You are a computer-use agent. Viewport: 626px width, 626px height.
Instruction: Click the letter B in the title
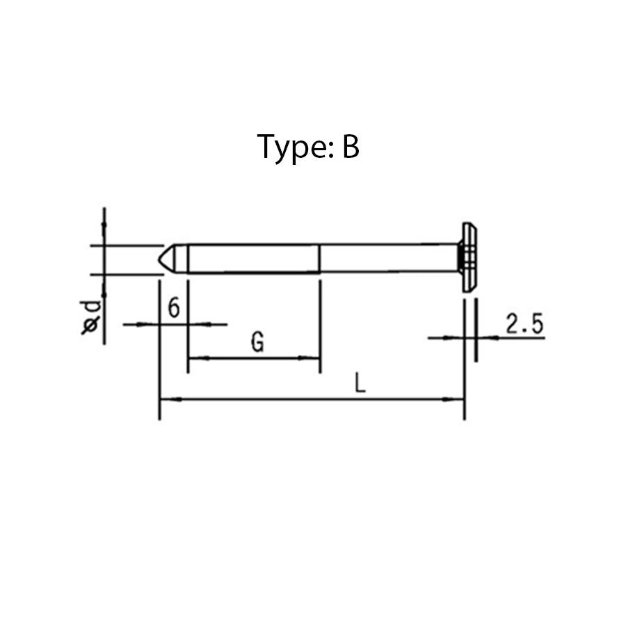(350, 147)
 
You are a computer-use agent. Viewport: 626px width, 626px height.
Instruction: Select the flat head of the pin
(470, 257)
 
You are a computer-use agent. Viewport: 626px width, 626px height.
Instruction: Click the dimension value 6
(174, 307)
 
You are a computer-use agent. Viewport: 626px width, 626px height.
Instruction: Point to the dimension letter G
(257, 342)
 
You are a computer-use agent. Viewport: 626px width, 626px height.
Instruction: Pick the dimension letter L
(360, 383)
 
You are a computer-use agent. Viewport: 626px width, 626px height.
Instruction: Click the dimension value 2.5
(524, 324)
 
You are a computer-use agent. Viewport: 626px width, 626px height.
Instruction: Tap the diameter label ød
(91, 316)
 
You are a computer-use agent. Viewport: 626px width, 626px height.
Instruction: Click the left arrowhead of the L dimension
(167, 399)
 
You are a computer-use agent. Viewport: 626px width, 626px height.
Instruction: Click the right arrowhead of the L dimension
(457, 399)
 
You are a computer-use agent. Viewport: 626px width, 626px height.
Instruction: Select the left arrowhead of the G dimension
(195, 358)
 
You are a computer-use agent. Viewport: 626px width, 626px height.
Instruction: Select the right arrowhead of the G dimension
(313, 358)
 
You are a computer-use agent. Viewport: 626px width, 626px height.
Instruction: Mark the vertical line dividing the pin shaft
(319, 258)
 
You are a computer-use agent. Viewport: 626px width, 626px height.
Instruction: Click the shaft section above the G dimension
(254, 258)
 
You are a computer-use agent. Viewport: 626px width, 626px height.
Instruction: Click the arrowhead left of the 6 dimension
(153, 324)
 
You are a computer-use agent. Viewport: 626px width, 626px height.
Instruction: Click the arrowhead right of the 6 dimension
(195, 324)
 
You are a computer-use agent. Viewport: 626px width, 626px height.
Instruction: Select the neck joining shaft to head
(460, 258)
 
